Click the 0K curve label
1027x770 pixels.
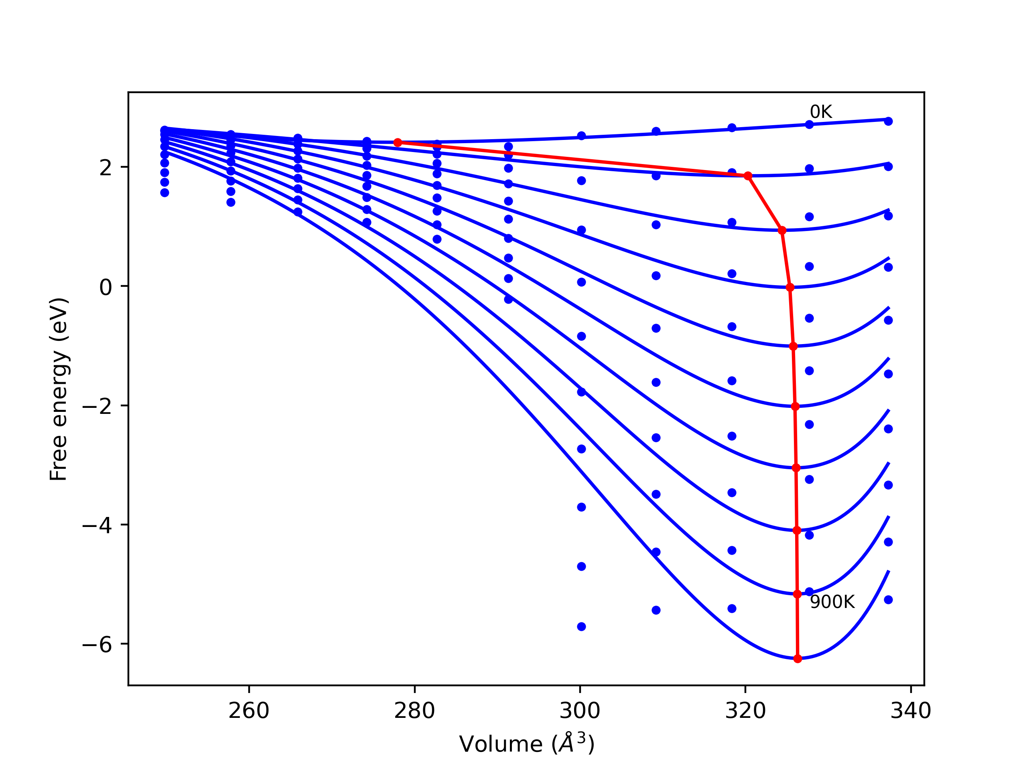[x=820, y=112]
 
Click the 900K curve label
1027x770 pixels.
[x=832, y=602]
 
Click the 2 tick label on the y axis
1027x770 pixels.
[x=106, y=168]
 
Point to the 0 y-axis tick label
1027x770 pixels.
[x=106, y=287]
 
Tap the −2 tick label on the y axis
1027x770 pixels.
[x=97, y=406]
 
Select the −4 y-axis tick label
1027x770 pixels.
[x=97, y=525]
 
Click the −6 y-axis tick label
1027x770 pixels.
[x=97, y=645]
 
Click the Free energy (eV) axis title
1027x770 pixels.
[x=59, y=389]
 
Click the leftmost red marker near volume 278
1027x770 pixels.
[x=398, y=142]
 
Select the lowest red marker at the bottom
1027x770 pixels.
[x=798, y=659]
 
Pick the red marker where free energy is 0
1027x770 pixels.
[x=790, y=288]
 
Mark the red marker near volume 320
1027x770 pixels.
[x=748, y=176]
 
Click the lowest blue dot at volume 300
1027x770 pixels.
[x=581, y=626]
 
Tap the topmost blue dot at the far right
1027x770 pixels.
[x=888, y=121]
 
